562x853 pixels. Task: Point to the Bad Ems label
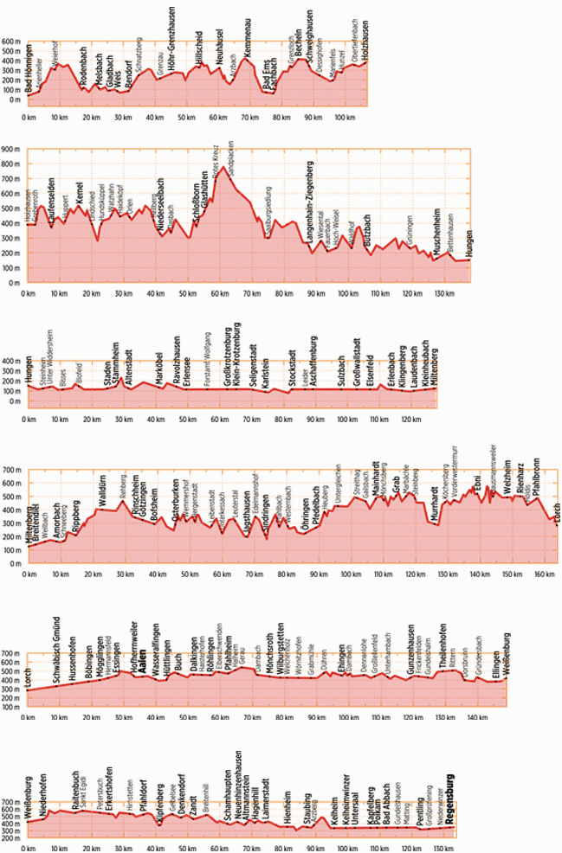pyautogui.click(x=266, y=84)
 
